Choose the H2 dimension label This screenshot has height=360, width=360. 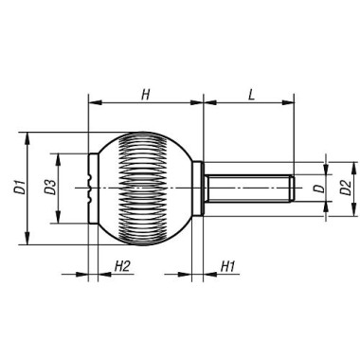coord(122,267)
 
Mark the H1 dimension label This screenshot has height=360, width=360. coord(227,267)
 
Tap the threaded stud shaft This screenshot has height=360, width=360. coord(246,189)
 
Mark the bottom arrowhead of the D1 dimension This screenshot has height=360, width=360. coord(31,242)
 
